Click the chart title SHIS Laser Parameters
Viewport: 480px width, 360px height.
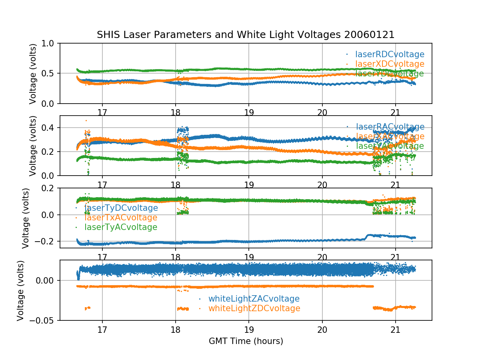246,35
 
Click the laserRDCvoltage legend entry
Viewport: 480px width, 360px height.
390,54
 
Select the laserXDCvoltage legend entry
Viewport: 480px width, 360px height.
390,64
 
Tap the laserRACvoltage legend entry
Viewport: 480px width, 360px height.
390,127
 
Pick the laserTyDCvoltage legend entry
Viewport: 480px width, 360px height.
121,208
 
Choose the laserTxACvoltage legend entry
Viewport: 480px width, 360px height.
121,218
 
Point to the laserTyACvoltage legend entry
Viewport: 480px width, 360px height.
121,227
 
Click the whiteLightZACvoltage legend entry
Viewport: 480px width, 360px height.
254,299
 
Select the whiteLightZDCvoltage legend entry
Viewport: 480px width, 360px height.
254,308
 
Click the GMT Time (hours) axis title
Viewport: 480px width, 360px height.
246,341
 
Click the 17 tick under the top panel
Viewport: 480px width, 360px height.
102,112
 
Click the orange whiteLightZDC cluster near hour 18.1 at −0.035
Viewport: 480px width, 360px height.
183,308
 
